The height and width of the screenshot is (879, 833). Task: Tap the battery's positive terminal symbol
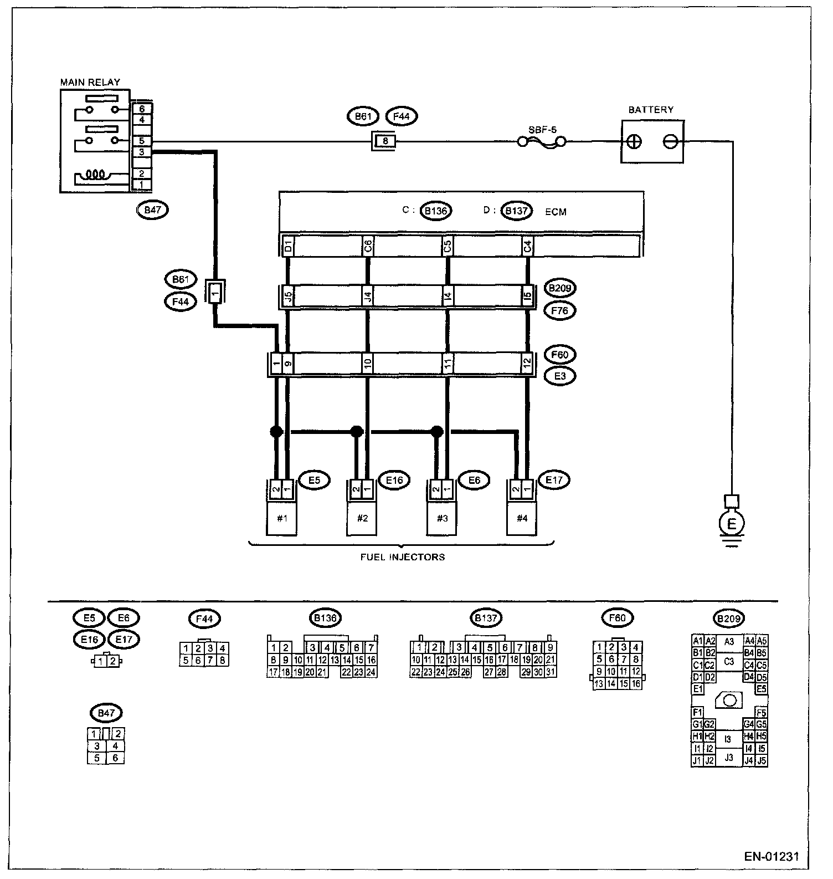click(x=635, y=142)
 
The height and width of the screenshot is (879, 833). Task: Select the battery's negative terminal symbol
click(x=670, y=142)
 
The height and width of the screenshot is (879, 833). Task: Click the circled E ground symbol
click(x=732, y=523)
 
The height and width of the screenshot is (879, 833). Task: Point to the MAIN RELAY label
click(x=90, y=82)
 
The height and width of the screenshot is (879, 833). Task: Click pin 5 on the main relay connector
click(x=142, y=141)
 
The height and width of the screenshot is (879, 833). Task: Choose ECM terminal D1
click(x=287, y=246)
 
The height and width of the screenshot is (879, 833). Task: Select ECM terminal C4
click(x=528, y=246)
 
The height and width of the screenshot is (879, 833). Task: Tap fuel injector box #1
click(x=282, y=518)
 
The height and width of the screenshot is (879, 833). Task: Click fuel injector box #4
click(x=522, y=518)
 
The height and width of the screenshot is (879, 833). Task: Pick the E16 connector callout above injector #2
click(x=394, y=480)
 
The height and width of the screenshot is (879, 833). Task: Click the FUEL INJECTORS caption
click(x=403, y=557)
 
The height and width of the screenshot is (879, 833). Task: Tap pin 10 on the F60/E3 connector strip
click(x=368, y=364)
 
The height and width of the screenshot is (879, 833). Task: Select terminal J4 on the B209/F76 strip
click(x=368, y=297)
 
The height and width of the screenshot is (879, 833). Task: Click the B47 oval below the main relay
click(x=152, y=209)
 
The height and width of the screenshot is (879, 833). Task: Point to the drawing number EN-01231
click(x=772, y=856)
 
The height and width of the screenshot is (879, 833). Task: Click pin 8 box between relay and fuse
click(x=385, y=142)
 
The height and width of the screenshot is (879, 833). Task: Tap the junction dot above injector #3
click(x=437, y=431)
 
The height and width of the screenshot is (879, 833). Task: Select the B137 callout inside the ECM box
click(x=516, y=211)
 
